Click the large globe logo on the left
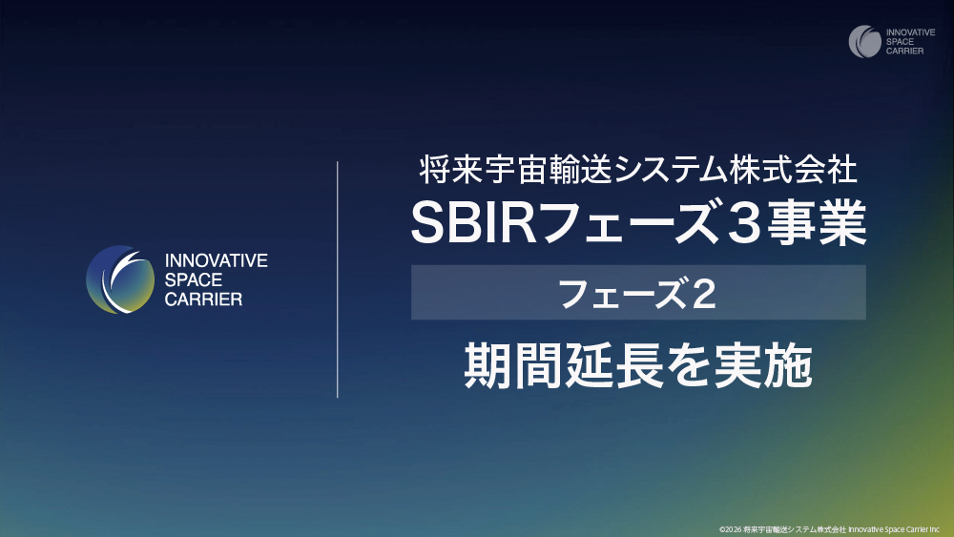(x=120, y=279)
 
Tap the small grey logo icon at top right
(x=865, y=42)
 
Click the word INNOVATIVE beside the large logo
(x=217, y=260)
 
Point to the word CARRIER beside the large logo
(x=204, y=299)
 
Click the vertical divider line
(x=339, y=279)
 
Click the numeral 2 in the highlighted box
(x=703, y=294)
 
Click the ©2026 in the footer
(x=731, y=527)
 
